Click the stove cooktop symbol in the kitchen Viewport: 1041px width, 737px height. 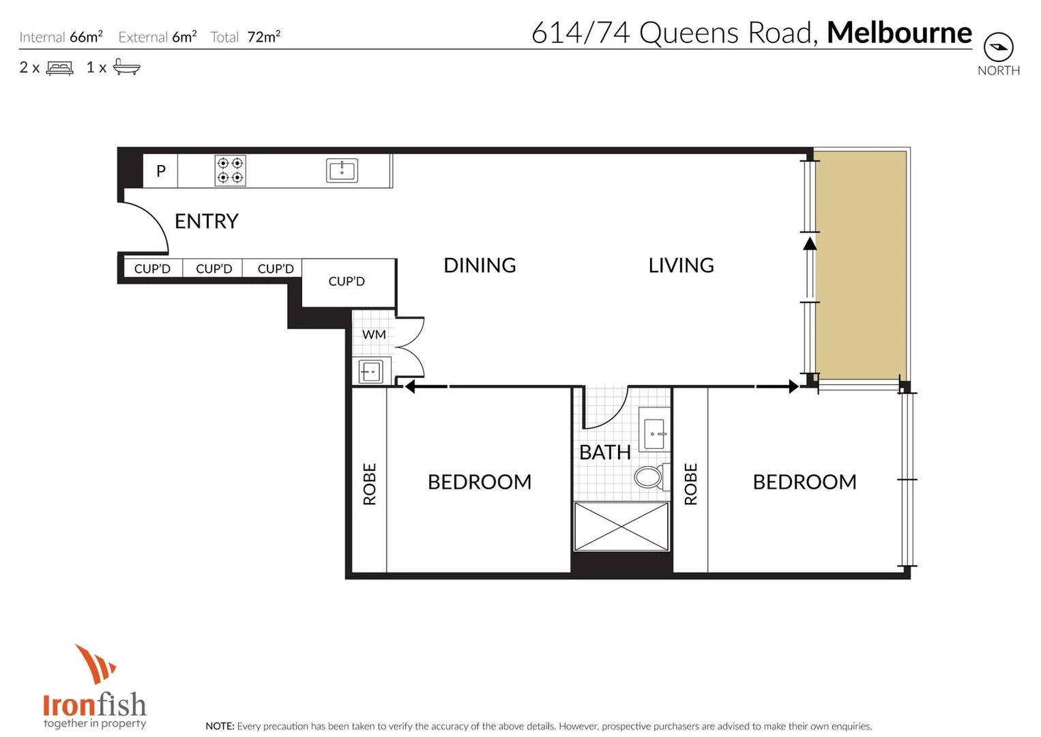pos(230,171)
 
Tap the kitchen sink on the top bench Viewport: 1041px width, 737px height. pos(341,170)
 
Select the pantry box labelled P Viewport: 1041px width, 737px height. pos(160,171)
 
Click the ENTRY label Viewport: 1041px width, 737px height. pos(206,221)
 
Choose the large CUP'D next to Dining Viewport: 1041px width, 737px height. pos(347,282)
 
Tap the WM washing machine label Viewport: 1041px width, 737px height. pos(373,334)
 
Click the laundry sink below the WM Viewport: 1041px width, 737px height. pos(371,372)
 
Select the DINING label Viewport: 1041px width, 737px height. pos(480,265)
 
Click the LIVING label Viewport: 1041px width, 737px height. pos(681,265)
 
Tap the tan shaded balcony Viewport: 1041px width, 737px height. pos(861,265)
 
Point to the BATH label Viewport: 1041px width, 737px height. pos(604,452)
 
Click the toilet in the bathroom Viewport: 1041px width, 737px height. pos(649,476)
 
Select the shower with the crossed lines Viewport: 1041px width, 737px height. pos(621,526)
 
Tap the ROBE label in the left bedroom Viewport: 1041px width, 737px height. pos(369,484)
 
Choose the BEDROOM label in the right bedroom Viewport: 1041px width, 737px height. pos(804,482)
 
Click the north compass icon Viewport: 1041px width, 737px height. pos(998,47)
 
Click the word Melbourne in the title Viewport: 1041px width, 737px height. pos(898,33)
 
